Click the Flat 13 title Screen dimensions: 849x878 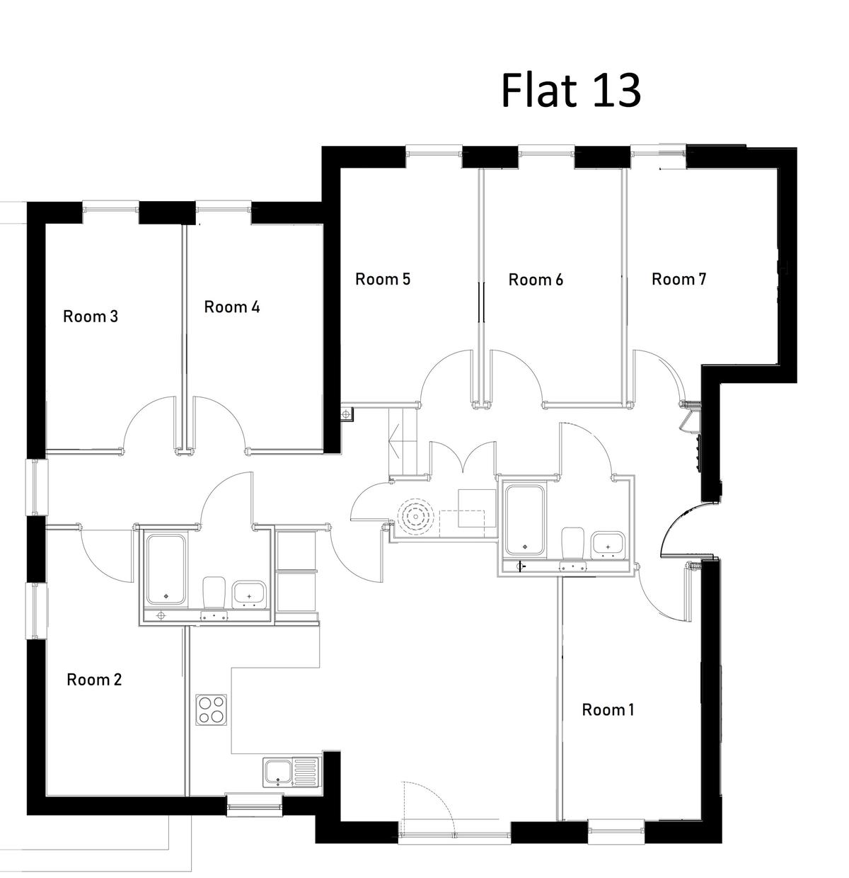click(x=570, y=91)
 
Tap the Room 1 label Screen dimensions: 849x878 click(x=608, y=709)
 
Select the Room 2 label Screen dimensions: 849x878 click(x=94, y=680)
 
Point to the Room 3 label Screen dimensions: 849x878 click(x=91, y=317)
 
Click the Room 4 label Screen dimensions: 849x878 click(x=232, y=307)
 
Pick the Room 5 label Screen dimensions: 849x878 click(x=383, y=279)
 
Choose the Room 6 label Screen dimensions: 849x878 click(x=536, y=280)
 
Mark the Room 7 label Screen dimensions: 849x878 click(x=678, y=279)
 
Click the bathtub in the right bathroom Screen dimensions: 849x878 click(x=525, y=520)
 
